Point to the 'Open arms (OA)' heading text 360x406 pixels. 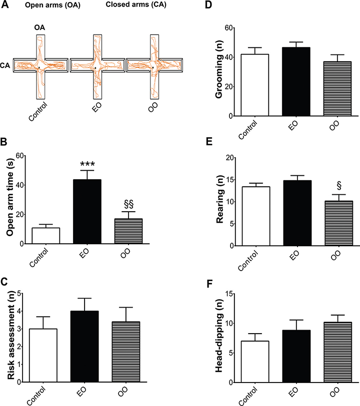[45, 5]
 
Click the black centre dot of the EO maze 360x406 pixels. [95, 68]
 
